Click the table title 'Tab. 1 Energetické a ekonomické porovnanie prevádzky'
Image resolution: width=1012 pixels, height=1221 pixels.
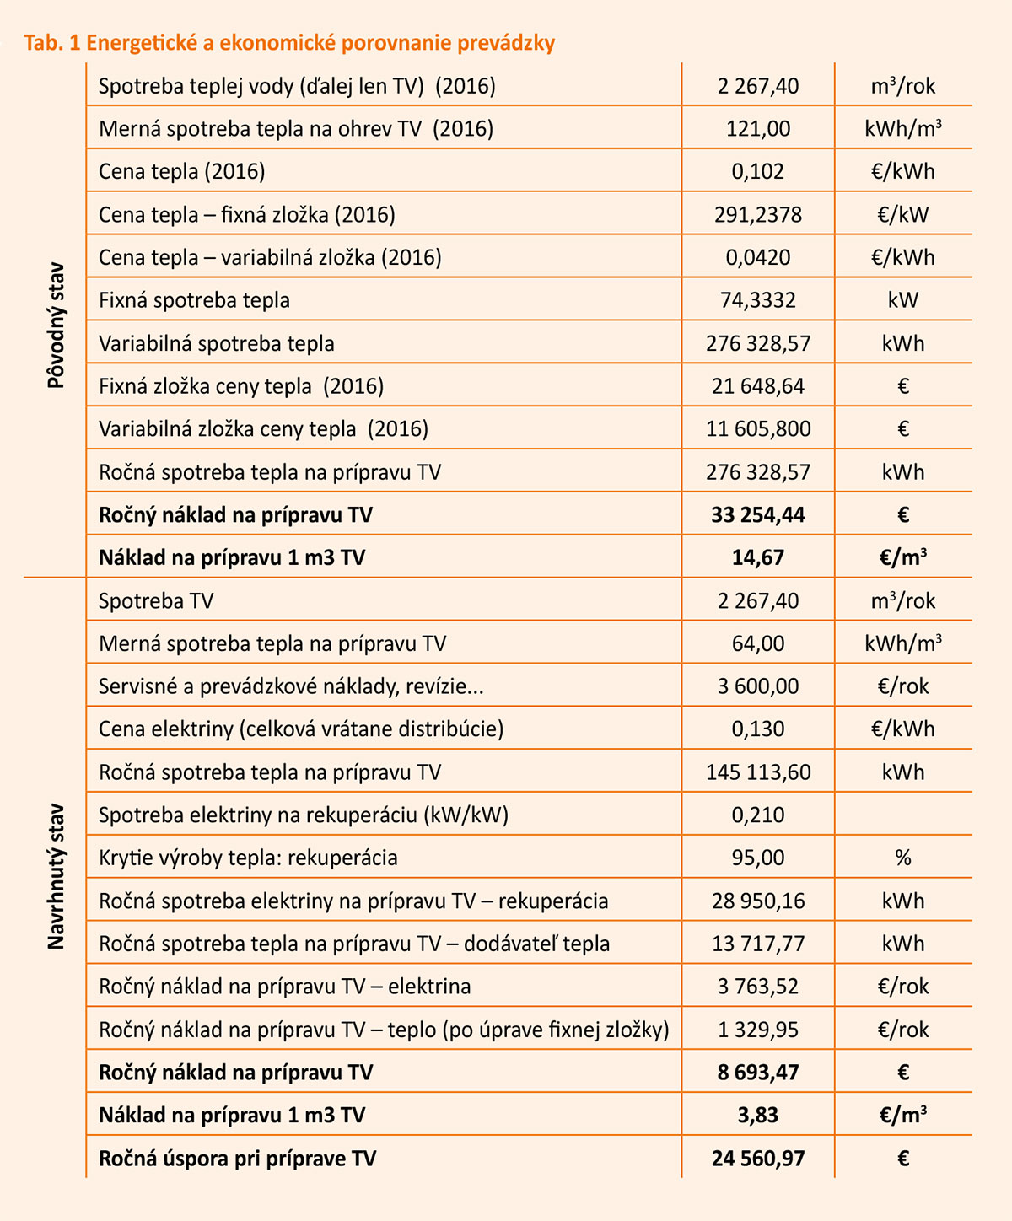pyautogui.click(x=289, y=43)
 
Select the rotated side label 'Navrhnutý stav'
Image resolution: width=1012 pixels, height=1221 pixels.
pyautogui.click(x=56, y=876)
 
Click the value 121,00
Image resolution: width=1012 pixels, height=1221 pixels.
pyautogui.click(x=758, y=129)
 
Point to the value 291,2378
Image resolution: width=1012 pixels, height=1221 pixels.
pyautogui.click(x=758, y=215)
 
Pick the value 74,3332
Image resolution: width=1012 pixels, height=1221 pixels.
pyautogui.click(x=758, y=301)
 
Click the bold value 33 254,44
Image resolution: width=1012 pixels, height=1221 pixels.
pyautogui.click(x=758, y=515)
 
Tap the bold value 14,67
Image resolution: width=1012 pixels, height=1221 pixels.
pyautogui.click(x=758, y=558)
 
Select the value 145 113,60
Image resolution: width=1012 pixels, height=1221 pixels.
pyautogui.click(x=758, y=772)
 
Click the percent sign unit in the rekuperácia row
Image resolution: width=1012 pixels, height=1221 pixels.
pyautogui.click(x=903, y=858)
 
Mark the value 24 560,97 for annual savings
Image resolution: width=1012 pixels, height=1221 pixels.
pyautogui.click(x=758, y=1159)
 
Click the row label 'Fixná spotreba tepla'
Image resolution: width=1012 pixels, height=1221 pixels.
pyautogui.click(x=194, y=301)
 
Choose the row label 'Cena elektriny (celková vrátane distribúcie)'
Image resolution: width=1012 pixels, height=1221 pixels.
pyautogui.click(x=301, y=729)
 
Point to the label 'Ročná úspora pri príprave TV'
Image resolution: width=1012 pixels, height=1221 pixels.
pyautogui.click(x=237, y=1159)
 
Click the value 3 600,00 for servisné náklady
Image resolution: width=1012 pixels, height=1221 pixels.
pyautogui.click(x=758, y=686)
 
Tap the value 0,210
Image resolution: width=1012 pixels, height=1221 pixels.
pyautogui.click(x=758, y=815)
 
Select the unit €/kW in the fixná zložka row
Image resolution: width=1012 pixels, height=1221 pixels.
pyautogui.click(x=903, y=215)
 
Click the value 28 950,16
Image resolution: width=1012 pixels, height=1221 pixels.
pyautogui.click(x=758, y=901)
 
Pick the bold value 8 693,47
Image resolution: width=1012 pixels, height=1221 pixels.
pyautogui.click(x=758, y=1073)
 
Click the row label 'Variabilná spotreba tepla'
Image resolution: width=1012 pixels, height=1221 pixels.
pyautogui.click(x=217, y=344)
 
